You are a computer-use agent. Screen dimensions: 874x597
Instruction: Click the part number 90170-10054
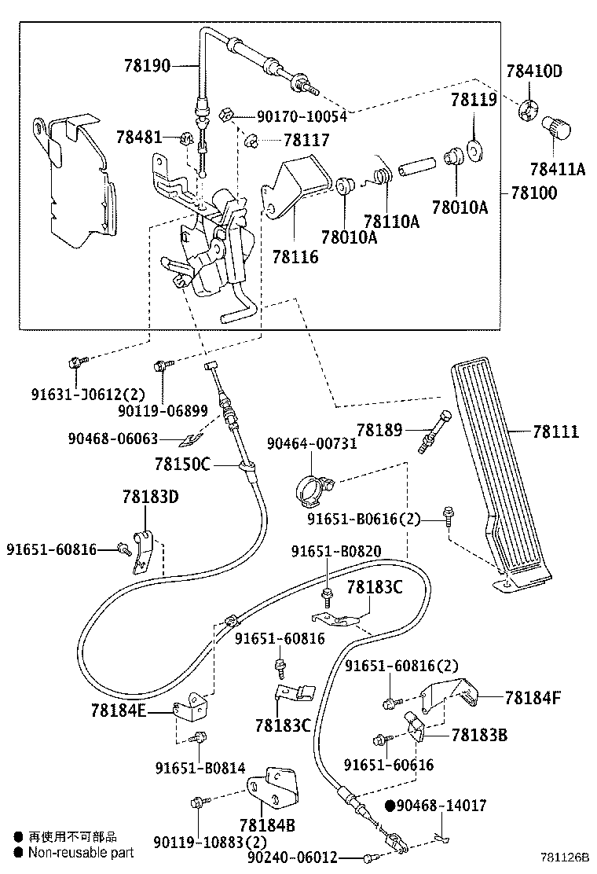[x=302, y=116]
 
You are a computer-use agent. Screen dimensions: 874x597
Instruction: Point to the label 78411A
[x=557, y=169]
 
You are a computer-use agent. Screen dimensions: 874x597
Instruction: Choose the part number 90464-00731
[x=311, y=443]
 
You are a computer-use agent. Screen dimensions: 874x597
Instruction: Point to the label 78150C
[x=183, y=464]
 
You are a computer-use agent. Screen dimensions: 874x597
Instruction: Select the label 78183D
[x=150, y=497]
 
